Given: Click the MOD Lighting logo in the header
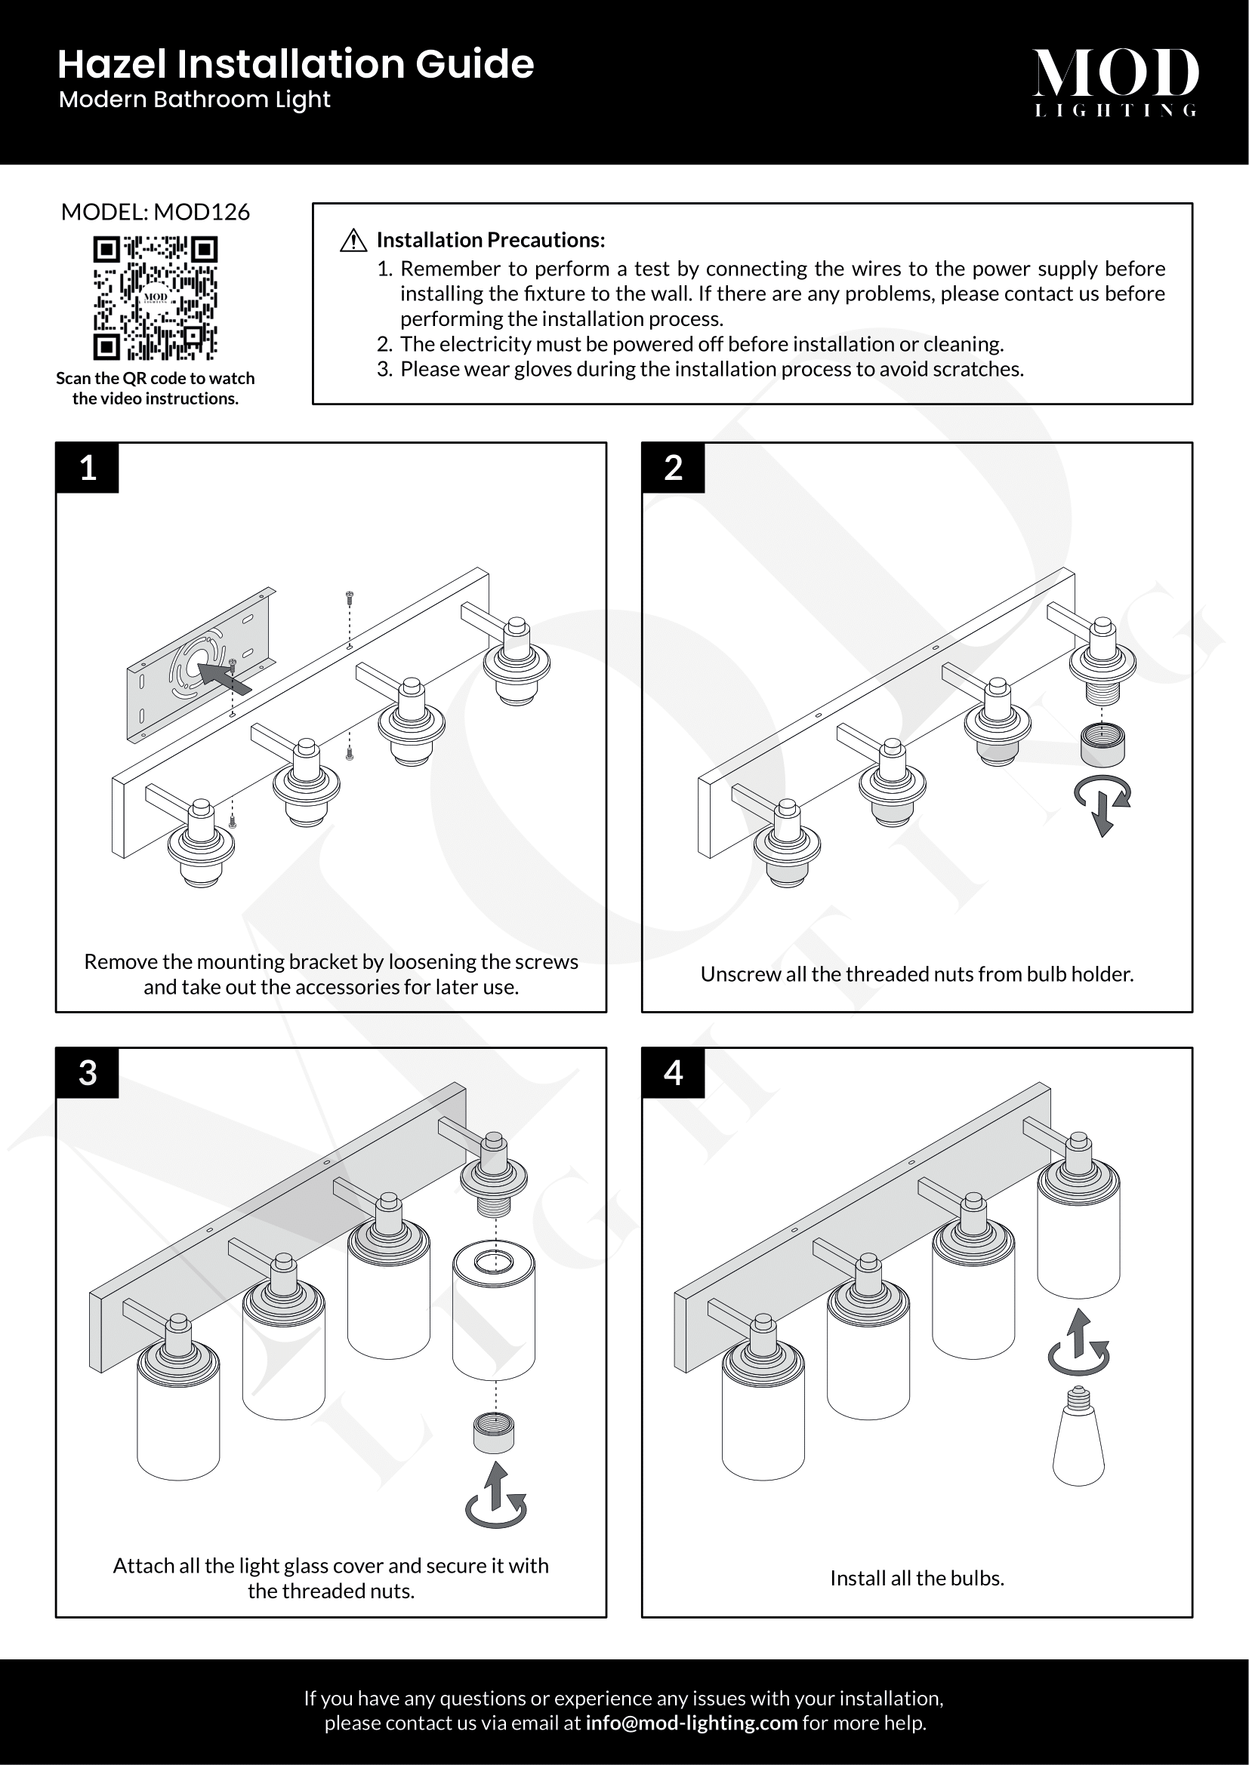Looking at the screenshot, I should point(1115,81).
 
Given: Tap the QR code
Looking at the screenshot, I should point(156,298).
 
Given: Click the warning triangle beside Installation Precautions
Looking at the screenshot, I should point(353,241).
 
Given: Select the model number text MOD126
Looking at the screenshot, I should point(202,212).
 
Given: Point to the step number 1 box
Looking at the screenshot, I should point(88,467).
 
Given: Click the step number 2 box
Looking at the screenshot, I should point(673,467).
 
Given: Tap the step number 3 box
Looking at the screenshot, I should point(88,1072).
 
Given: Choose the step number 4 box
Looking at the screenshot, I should point(673,1072).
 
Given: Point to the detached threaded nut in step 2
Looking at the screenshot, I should point(1102,744).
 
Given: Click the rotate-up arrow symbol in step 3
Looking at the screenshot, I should point(496,1495).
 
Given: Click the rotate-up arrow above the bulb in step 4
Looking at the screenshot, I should point(1078,1342).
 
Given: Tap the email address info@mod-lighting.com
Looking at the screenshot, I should point(692,1723).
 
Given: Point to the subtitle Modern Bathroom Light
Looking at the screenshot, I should point(195,100).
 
